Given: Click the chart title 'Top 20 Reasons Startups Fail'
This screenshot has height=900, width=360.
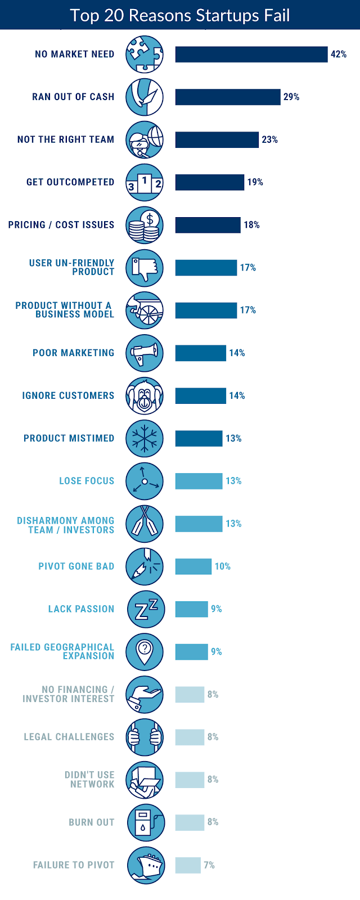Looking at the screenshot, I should click(x=180, y=15).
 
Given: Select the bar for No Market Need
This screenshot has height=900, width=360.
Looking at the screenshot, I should click(x=251, y=55).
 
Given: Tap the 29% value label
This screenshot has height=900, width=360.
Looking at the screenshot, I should click(x=291, y=97).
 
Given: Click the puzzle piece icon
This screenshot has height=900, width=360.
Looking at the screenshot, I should click(x=145, y=55).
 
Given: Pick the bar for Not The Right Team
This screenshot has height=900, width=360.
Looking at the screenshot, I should click(x=217, y=140).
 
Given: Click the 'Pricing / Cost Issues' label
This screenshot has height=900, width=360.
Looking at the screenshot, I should click(x=61, y=225).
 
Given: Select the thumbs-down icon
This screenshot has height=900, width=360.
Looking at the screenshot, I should click(x=145, y=268).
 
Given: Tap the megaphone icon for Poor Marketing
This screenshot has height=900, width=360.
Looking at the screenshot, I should click(x=145, y=353).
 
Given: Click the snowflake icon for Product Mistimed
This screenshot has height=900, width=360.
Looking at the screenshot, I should click(x=145, y=439).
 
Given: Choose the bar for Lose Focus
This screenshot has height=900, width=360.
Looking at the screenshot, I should click(x=199, y=481).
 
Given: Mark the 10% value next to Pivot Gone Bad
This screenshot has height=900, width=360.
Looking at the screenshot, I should click(x=223, y=566).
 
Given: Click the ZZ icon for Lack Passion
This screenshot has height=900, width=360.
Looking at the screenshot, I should click(x=146, y=609).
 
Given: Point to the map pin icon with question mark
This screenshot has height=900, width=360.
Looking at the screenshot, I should click(x=145, y=652).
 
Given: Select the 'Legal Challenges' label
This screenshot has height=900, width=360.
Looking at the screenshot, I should click(x=69, y=737).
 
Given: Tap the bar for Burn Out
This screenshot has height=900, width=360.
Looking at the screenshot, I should click(x=190, y=822).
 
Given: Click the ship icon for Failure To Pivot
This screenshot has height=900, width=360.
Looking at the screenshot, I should click(x=146, y=865).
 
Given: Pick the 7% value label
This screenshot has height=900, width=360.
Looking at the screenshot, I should click(x=209, y=865).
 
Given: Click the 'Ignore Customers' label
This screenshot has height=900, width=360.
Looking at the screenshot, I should click(x=68, y=396).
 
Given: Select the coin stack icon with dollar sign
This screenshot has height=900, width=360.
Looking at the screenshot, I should click(x=145, y=225).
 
